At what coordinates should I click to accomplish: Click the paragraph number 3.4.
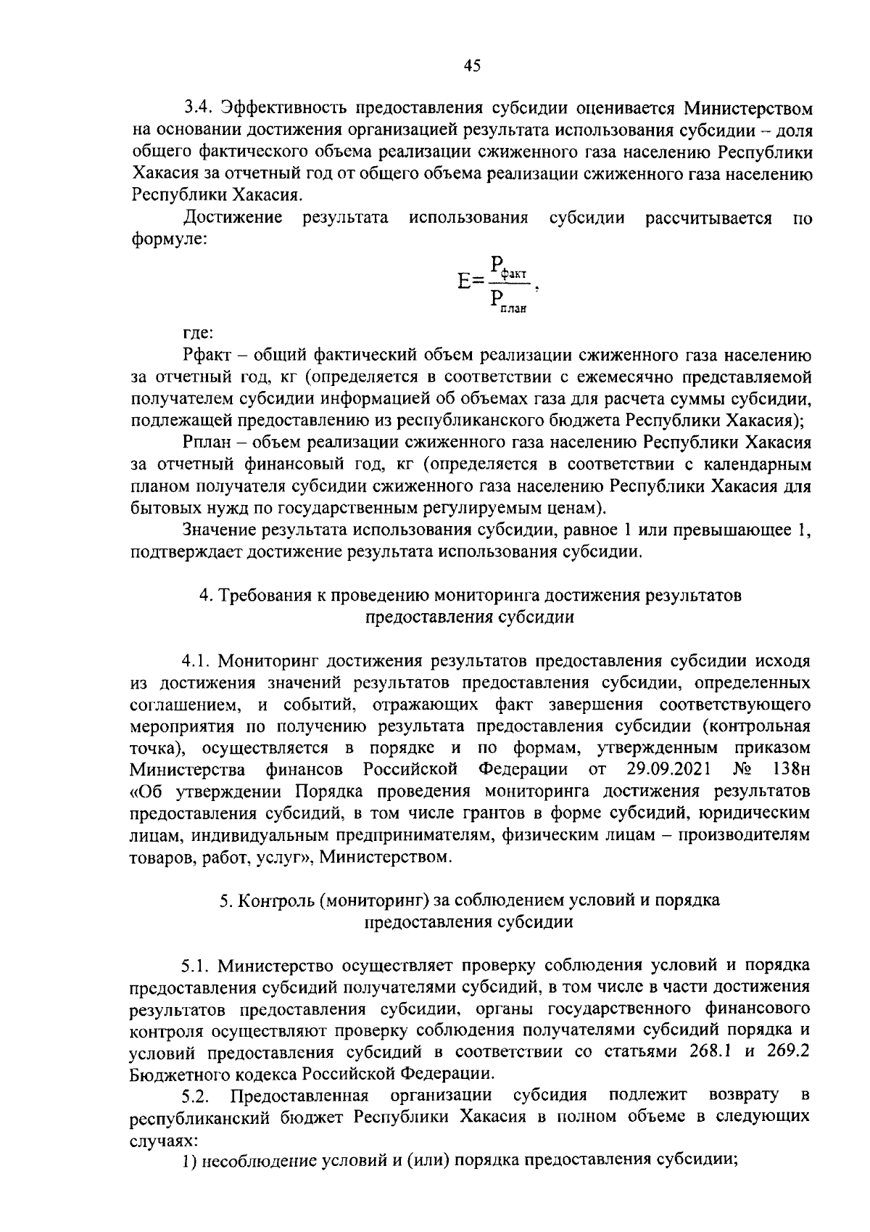198,109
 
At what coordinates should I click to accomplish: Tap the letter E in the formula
465,281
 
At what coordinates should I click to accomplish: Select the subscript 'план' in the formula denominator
513,308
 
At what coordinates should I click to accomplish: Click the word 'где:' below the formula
198,334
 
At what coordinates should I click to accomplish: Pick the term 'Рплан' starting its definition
208,442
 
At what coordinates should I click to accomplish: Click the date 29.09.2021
667,768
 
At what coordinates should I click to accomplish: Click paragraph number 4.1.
196,661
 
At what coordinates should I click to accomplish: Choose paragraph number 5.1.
196,966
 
